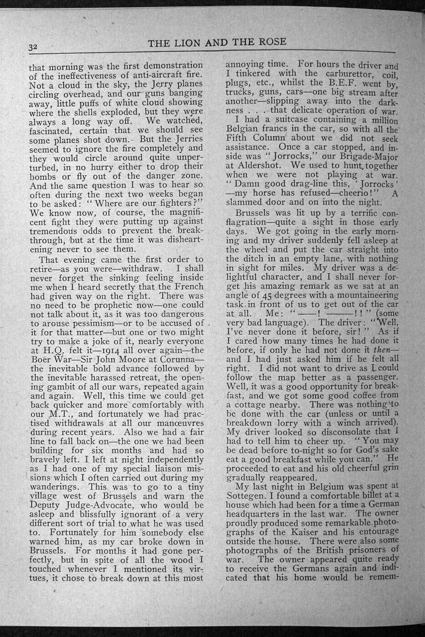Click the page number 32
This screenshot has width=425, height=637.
click(x=33, y=47)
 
